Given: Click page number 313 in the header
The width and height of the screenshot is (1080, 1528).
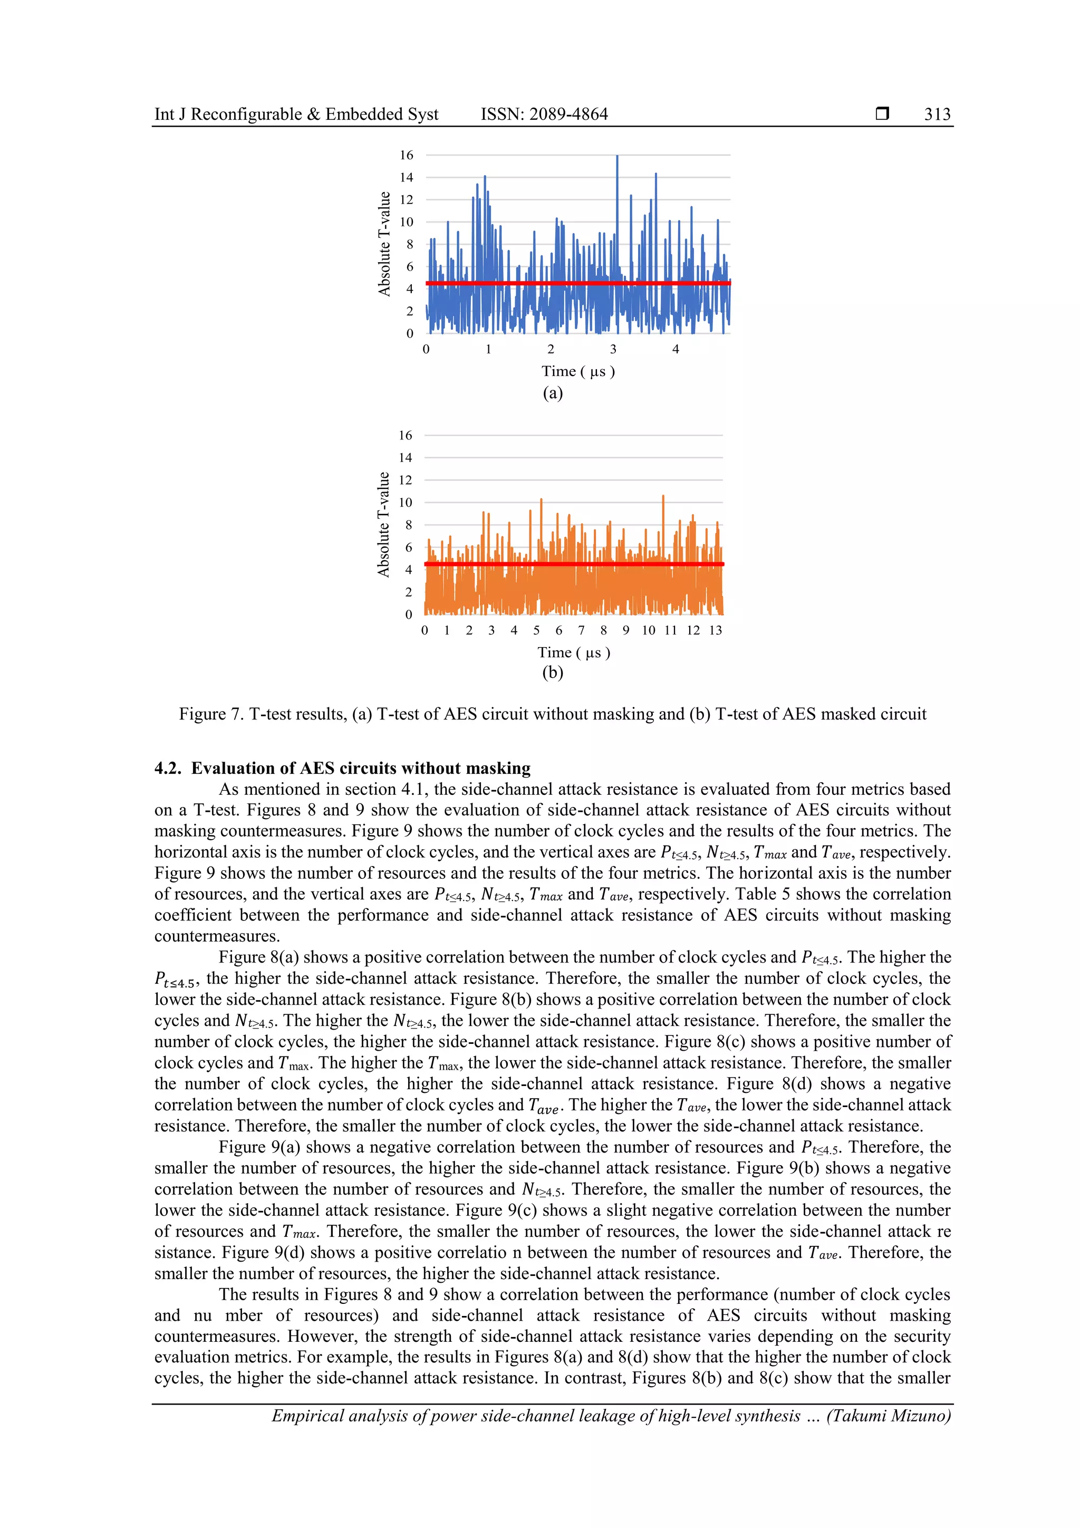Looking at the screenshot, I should [x=937, y=114].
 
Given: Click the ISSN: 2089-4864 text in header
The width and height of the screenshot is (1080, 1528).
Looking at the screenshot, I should [x=544, y=114].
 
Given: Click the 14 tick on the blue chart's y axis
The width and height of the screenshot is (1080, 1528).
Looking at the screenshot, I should [x=406, y=177].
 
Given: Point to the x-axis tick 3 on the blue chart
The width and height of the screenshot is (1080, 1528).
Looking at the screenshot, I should [x=613, y=349].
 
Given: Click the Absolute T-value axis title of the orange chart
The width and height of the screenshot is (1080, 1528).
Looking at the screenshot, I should [x=383, y=524].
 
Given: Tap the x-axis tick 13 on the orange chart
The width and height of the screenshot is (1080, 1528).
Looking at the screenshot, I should [x=716, y=630].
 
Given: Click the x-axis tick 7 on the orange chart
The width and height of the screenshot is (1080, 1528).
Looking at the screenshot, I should [x=581, y=630].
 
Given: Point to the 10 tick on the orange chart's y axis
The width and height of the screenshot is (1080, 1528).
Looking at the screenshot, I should [x=405, y=503].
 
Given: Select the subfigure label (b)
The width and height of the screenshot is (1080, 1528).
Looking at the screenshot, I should [x=552, y=673].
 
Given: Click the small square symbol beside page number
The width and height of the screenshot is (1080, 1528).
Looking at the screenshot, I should [x=882, y=114].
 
